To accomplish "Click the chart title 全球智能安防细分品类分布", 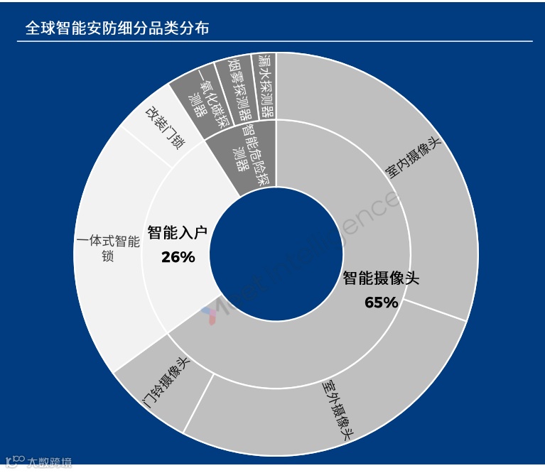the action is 117,29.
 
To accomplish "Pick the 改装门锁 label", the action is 165,127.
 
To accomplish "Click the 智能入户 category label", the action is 177,232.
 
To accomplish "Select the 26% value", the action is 178,257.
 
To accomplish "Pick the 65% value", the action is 381,303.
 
